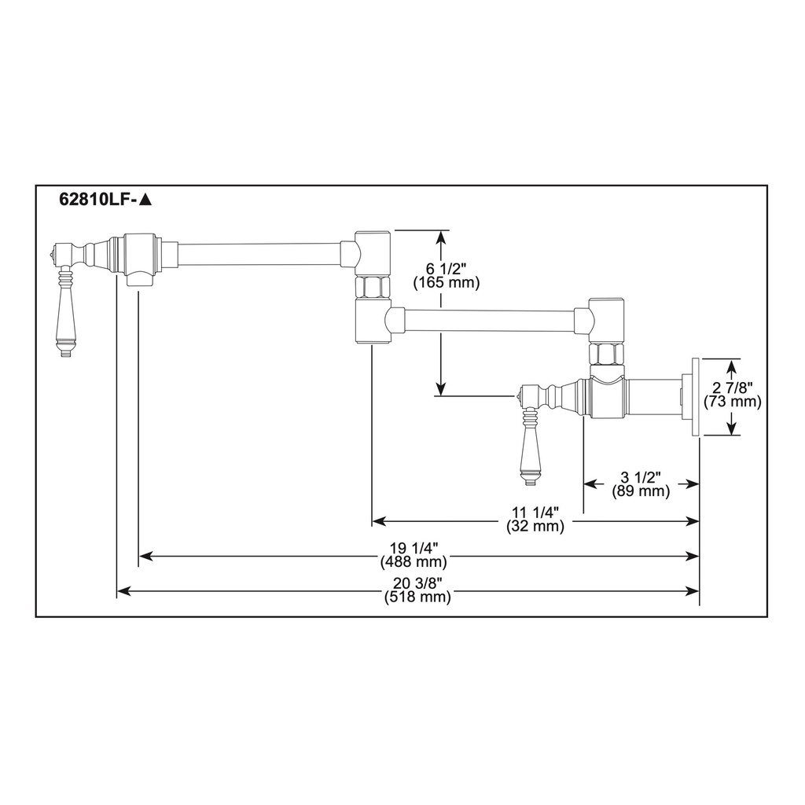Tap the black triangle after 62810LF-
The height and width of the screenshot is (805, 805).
[145, 199]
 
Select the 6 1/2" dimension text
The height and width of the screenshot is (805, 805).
[446, 269]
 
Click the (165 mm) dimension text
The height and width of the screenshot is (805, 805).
[447, 282]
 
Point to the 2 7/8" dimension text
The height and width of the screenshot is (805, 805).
[732, 388]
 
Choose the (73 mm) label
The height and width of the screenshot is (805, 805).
[732, 402]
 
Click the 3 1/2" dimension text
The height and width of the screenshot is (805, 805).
[640, 478]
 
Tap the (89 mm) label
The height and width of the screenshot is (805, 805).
[641, 491]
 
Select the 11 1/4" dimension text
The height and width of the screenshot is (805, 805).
[535, 513]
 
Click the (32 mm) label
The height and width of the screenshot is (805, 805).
[535, 526]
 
